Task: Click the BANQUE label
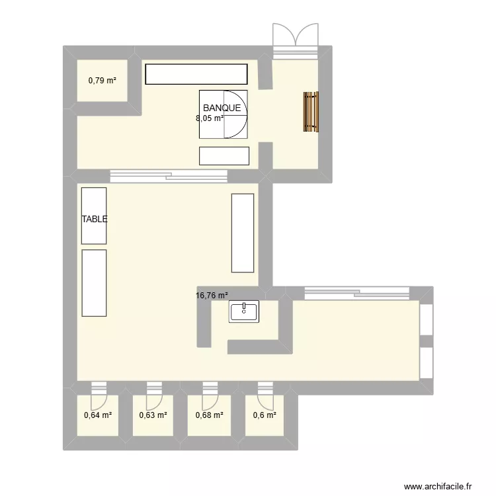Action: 222,108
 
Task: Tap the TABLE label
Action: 95,220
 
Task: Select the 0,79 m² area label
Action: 103,81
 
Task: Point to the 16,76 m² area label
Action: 212,297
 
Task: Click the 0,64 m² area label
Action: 97,416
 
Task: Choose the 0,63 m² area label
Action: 153,416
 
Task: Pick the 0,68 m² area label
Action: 209,416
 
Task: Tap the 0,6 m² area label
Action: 265,416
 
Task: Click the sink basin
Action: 244,311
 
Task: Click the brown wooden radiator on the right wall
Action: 311,112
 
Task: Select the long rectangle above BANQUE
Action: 196,74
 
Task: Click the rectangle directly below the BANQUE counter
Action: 224,155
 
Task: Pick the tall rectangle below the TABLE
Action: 94,282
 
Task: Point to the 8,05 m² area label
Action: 209,119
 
